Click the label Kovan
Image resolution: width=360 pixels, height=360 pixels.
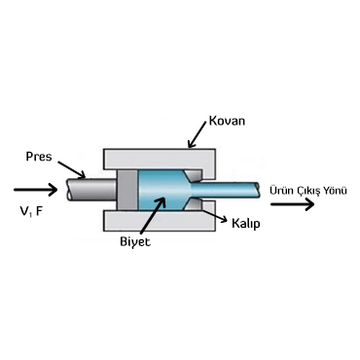(x=227, y=121)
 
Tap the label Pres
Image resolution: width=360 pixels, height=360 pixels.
(x=39, y=157)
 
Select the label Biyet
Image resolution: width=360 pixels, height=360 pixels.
(x=135, y=241)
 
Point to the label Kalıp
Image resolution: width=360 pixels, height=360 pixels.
(x=246, y=224)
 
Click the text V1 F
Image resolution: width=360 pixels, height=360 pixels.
(x=32, y=212)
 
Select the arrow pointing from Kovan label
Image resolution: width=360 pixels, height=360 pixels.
(x=198, y=135)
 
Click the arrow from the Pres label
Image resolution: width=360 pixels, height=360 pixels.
(x=72, y=169)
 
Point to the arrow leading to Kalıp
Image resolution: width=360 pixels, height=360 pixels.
(x=214, y=215)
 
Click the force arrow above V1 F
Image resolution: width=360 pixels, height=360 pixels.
(x=36, y=189)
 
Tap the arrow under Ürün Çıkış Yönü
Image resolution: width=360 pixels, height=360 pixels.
(x=293, y=204)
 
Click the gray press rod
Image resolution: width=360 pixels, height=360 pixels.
(x=91, y=189)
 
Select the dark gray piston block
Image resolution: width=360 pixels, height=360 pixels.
(x=127, y=190)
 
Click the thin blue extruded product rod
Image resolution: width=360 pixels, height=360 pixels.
(x=227, y=190)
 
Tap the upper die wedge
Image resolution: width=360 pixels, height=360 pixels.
(x=195, y=175)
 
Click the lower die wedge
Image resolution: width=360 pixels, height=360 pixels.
(x=194, y=204)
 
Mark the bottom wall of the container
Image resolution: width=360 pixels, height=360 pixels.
(x=160, y=221)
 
